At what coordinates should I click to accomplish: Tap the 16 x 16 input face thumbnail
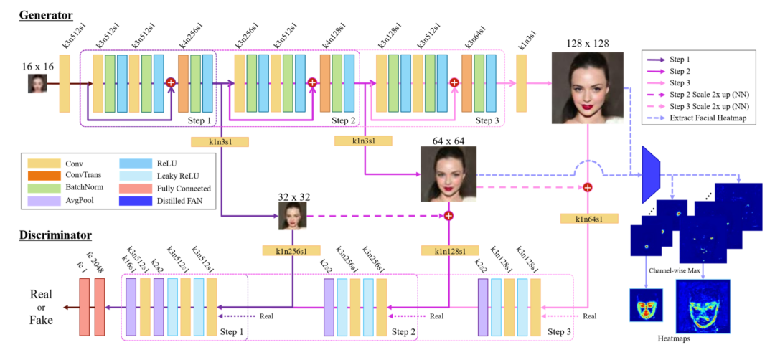click(38, 84)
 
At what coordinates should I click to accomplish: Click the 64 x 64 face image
click(448, 174)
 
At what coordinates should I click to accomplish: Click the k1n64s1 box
click(588, 217)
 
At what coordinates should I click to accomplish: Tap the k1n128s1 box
click(449, 251)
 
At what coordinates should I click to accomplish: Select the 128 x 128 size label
click(588, 43)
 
